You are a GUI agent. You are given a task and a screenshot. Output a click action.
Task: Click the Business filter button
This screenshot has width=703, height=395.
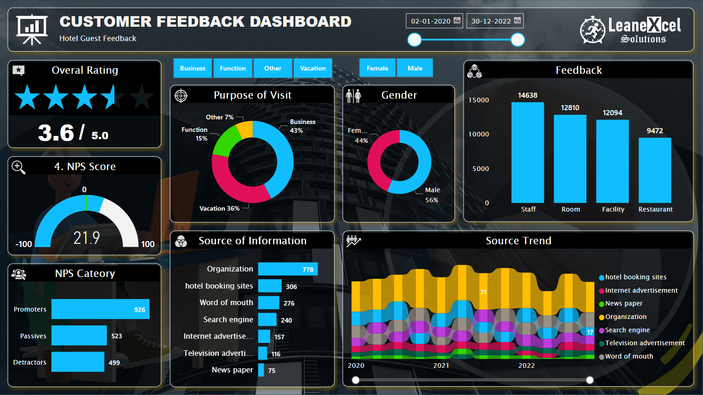pyautogui.click(x=192, y=68)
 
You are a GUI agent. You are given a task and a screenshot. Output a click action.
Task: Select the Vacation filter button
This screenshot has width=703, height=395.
pyautogui.click(x=313, y=68)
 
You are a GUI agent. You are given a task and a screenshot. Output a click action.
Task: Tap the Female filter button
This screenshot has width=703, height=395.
pyautogui.click(x=377, y=68)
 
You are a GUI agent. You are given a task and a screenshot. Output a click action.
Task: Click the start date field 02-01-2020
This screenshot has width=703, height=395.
pyautogui.click(x=434, y=21)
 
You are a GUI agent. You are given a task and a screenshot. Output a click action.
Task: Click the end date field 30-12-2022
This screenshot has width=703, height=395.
pyautogui.click(x=495, y=21)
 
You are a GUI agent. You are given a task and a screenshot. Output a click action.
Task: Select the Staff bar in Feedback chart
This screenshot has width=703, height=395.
pyautogui.click(x=528, y=153)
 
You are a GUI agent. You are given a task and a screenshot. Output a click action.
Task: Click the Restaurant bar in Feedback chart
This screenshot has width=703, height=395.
pyautogui.click(x=655, y=170)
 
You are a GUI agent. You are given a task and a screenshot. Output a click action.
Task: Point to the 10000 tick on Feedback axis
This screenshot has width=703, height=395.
pyautogui.click(x=479, y=134)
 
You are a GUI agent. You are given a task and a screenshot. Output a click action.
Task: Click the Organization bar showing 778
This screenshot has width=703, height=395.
pyautogui.click(x=288, y=269)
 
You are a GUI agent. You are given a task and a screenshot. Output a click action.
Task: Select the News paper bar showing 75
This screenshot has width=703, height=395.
pyautogui.click(x=261, y=370)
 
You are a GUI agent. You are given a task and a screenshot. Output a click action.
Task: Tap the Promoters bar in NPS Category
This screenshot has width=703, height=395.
pyautogui.click(x=100, y=309)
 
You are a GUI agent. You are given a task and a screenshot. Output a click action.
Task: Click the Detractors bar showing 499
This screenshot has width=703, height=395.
pyautogui.click(x=78, y=362)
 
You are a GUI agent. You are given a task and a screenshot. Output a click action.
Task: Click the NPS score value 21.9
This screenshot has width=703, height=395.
pyautogui.click(x=87, y=238)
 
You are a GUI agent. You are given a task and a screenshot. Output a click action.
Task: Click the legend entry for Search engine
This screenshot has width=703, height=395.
pyautogui.click(x=627, y=330)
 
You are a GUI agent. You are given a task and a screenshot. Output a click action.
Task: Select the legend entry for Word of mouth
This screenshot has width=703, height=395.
pyautogui.click(x=628, y=356)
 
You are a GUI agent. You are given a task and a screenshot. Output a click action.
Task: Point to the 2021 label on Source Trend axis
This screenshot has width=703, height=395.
pyautogui.click(x=441, y=366)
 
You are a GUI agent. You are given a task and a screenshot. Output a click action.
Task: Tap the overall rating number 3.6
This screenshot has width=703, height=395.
pyautogui.click(x=56, y=133)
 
